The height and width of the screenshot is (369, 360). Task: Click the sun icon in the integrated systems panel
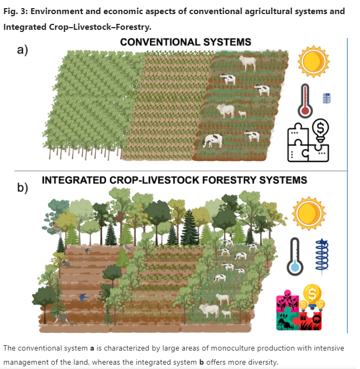click(310, 212)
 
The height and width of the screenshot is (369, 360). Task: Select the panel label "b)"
click(23, 188)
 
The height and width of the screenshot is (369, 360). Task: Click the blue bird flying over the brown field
click(82, 297)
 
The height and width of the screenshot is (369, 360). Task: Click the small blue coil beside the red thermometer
click(326, 98)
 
